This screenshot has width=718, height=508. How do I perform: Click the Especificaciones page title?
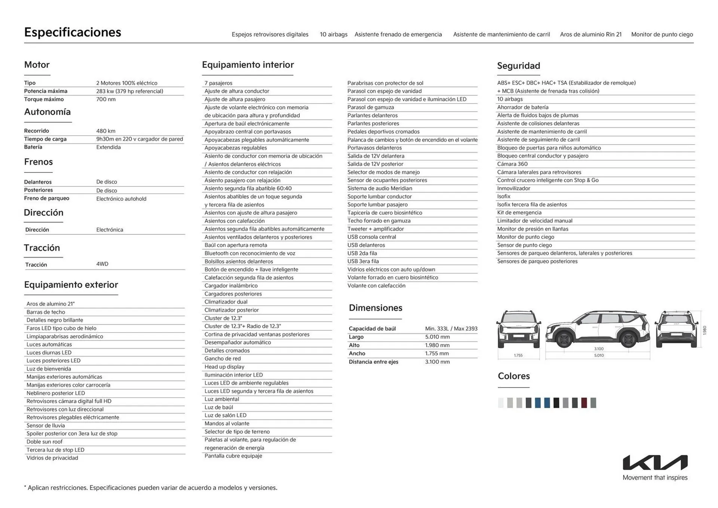[x=73, y=32]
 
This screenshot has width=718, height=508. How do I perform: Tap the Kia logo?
[x=655, y=462]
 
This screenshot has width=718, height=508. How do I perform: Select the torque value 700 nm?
[x=106, y=100]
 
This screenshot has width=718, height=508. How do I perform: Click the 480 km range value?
[x=106, y=131]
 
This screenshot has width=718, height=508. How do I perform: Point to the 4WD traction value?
[x=102, y=264]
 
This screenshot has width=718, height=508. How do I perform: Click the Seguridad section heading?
[x=518, y=66]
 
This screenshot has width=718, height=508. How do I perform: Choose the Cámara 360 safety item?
[x=512, y=164]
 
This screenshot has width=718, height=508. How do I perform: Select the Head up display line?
[x=224, y=367]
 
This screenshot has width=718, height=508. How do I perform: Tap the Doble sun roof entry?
[x=45, y=442]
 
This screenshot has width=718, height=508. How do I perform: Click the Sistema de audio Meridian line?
[x=380, y=189]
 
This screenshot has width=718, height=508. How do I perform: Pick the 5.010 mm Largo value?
[x=437, y=337]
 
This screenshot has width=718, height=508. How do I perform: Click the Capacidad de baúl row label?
[x=372, y=329]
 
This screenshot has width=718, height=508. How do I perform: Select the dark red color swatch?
[x=584, y=403]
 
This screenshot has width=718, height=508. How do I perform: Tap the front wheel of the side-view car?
[x=564, y=339]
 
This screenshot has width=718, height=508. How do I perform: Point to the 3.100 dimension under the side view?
[x=599, y=349]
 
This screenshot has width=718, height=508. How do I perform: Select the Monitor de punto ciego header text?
[x=662, y=34]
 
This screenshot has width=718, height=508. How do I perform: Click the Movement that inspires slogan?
[x=655, y=478]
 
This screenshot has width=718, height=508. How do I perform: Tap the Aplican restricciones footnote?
[x=151, y=488]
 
